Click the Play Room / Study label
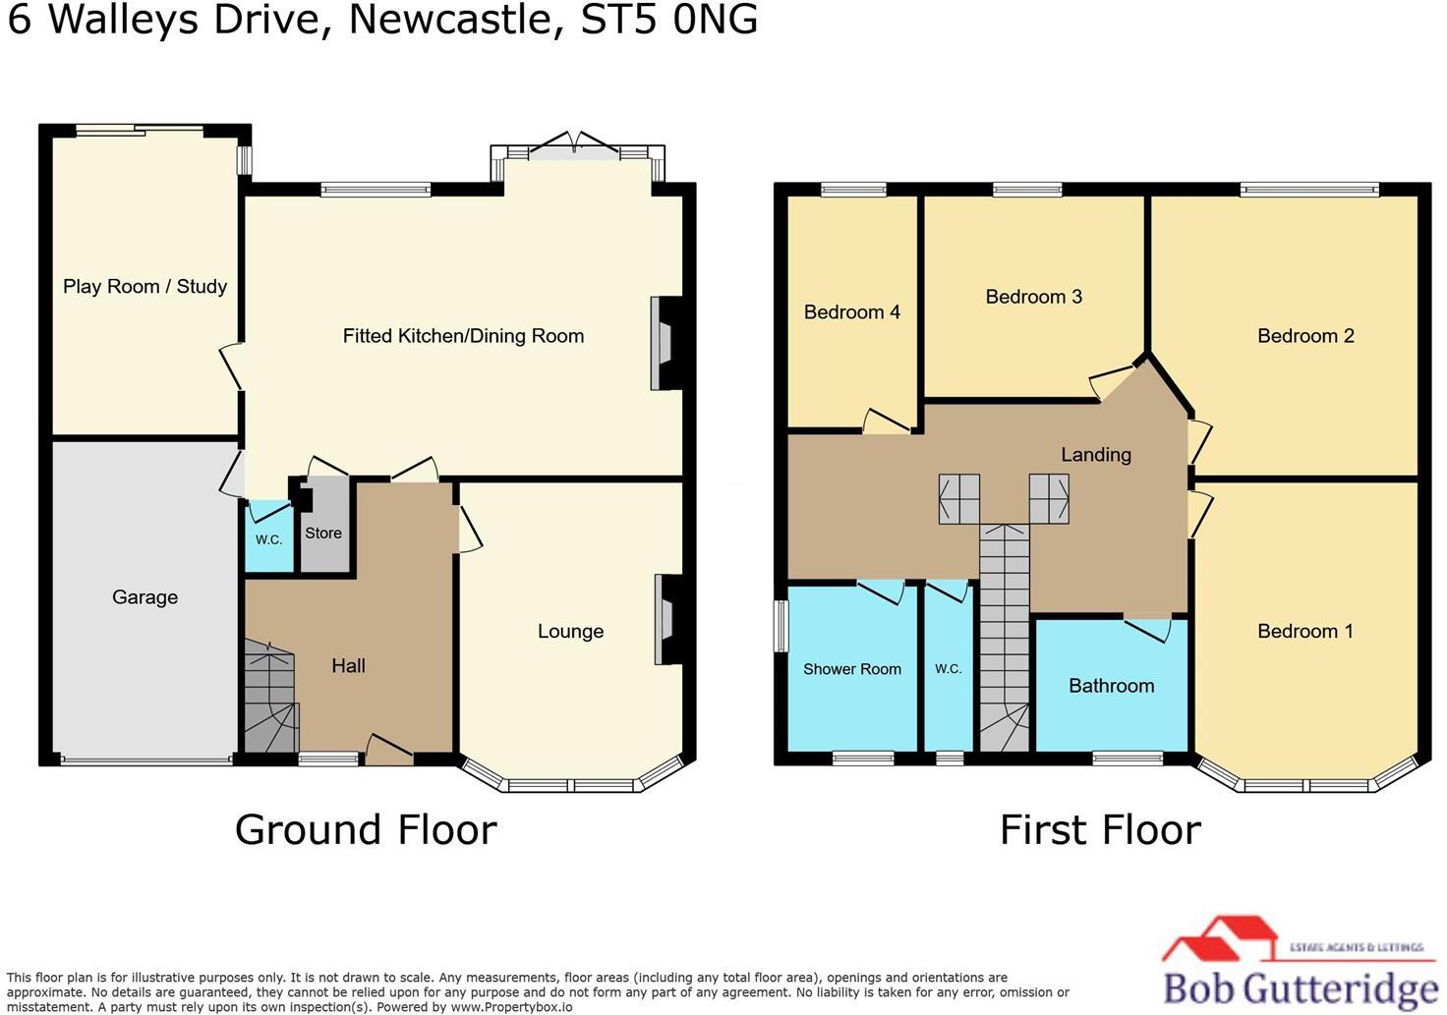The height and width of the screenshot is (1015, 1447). pyautogui.click(x=145, y=287)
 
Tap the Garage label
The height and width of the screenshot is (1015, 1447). pyautogui.click(x=145, y=597)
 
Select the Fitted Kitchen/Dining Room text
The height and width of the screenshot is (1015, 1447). pyautogui.click(x=463, y=336)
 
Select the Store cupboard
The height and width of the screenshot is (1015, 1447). pyautogui.click(x=323, y=533)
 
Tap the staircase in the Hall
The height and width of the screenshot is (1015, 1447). pyautogui.click(x=269, y=698)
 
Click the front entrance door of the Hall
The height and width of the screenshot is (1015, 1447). pyautogui.click(x=388, y=752)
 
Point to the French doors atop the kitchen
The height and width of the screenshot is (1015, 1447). pyautogui.click(x=577, y=147)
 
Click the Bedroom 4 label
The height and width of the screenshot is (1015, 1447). pyautogui.click(x=851, y=312)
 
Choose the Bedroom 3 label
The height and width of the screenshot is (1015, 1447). pyautogui.click(x=1033, y=297)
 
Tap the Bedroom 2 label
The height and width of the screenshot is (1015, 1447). pyautogui.click(x=1305, y=336)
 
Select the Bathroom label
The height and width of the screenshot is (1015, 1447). pyautogui.click(x=1111, y=686)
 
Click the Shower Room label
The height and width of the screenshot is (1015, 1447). pyautogui.click(x=851, y=669)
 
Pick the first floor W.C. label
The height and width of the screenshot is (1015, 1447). pyautogui.click(x=948, y=669)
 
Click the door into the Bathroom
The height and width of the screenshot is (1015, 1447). pyautogui.click(x=1148, y=627)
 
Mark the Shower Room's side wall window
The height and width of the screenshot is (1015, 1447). pyautogui.click(x=781, y=626)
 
